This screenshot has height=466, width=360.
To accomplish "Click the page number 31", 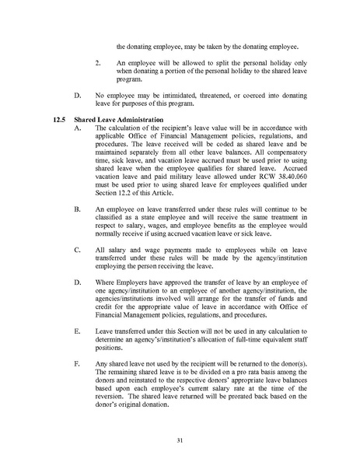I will coord(179,440).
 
